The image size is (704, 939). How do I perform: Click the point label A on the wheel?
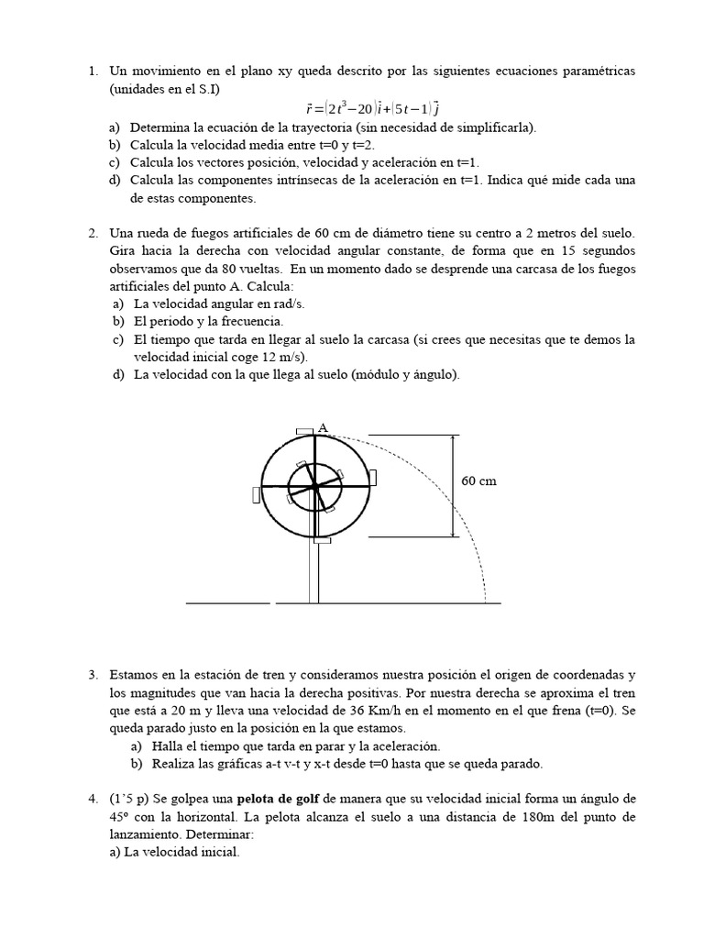(322, 426)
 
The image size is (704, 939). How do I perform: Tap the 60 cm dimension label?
(478, 481)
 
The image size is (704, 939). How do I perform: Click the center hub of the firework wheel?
(315, 486)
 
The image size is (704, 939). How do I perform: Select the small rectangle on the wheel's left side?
(256, 494)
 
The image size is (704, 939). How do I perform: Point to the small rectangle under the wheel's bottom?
(321, 542)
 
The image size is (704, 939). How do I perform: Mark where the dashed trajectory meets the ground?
(486, 602)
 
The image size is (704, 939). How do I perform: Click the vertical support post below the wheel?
(313, 573)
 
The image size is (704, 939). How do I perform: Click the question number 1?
(93, 71)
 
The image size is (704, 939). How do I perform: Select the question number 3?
(93, 674)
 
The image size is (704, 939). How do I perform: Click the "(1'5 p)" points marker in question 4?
(128, 799)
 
